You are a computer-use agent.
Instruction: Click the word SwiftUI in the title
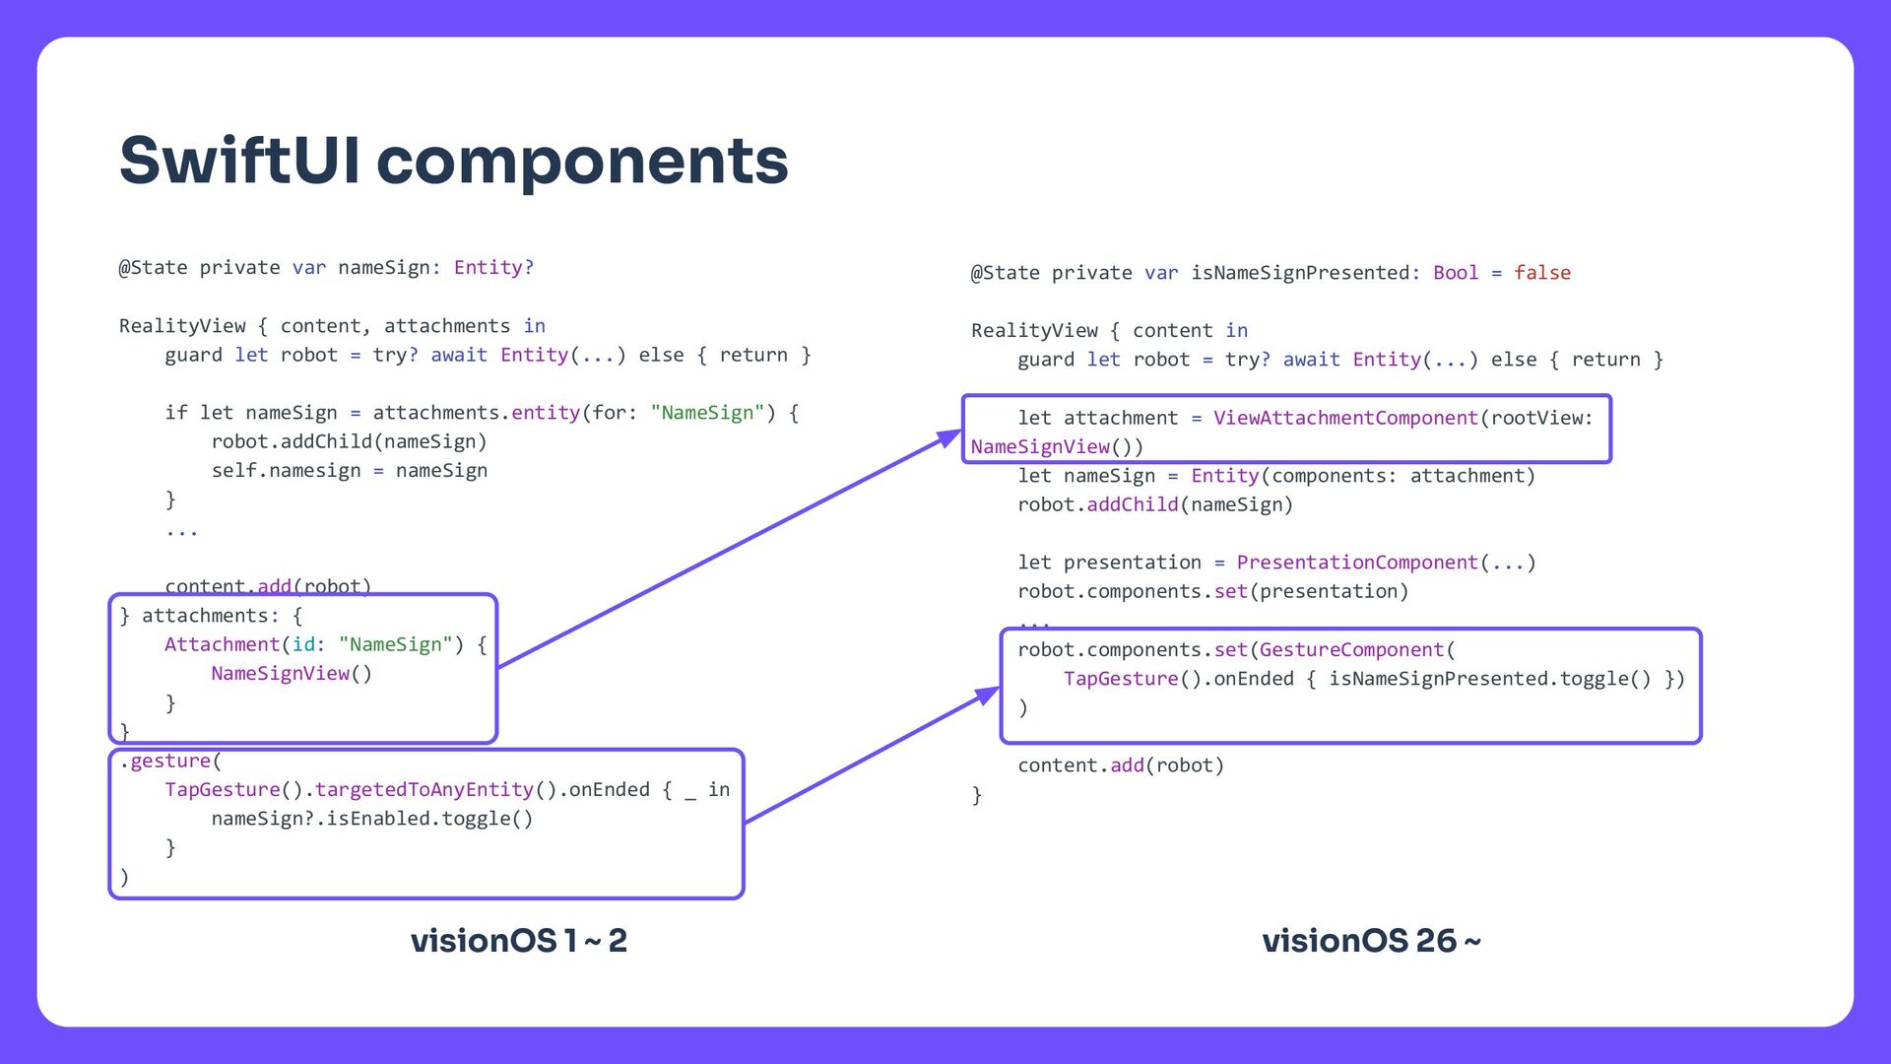[240, 161]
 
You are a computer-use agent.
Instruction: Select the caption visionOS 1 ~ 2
[518, 941]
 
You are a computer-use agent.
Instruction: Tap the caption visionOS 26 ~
[1371, 941]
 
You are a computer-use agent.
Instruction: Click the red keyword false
[1541, 273]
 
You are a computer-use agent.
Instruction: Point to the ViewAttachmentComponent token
[1345, 418]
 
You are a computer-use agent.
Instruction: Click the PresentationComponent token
[1357, 563]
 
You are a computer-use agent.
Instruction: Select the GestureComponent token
[1351, 650]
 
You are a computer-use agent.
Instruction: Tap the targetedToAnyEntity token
[424, 790]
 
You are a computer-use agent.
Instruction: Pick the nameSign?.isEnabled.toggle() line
[371, 819]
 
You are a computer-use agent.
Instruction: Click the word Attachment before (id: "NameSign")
[222, 644]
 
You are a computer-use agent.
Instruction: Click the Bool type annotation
[1455, 273]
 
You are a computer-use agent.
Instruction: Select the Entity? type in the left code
[493, 268]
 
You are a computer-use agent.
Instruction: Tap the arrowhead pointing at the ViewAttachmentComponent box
[950, 437]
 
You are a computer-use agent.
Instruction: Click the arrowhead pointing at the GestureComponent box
[988, 695]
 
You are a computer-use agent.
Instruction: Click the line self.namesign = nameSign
[349, 471]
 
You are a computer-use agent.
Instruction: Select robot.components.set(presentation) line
[1212, 591]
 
